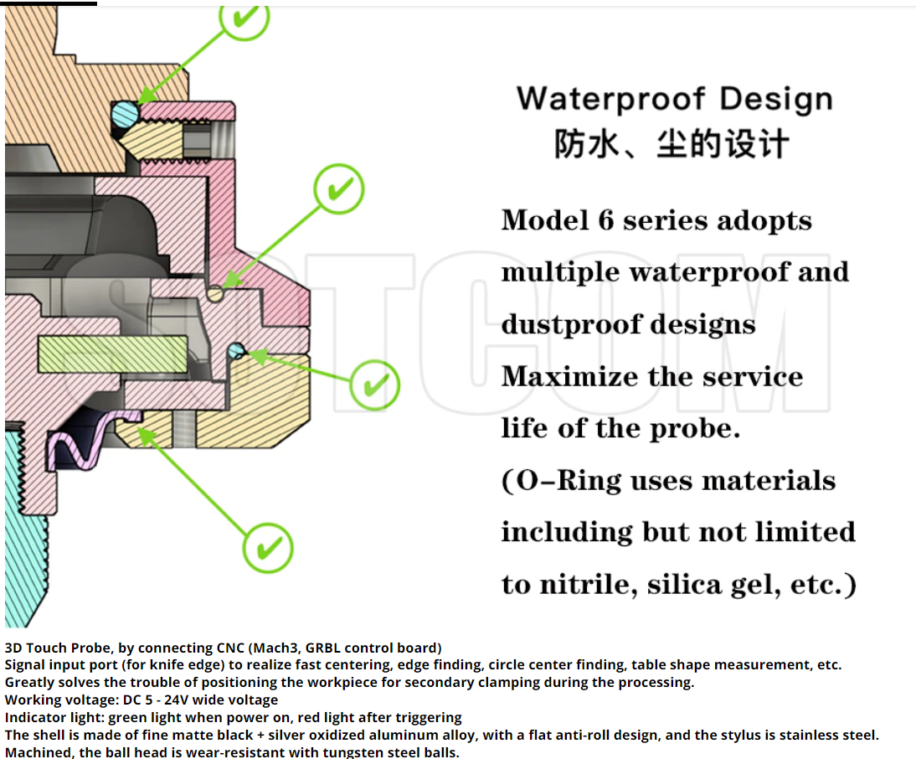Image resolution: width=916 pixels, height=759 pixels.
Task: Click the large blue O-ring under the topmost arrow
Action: coord(125,113)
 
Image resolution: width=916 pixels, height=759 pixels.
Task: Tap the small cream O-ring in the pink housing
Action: coord(215,294)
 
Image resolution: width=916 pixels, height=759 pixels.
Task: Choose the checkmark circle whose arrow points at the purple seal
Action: coord(268,549)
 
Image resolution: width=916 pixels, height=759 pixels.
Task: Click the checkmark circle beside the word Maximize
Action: coord(374,385)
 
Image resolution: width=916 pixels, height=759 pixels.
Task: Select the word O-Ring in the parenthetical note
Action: coord(569,481)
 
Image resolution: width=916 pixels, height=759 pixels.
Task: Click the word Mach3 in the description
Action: coord(272,648)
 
